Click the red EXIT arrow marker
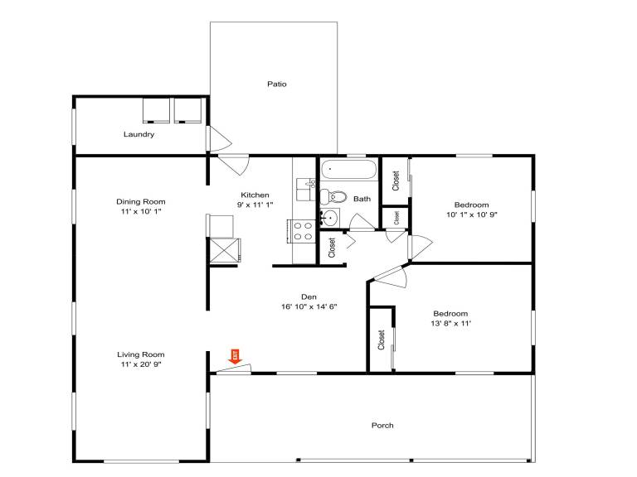tap(236, 357)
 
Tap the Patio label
tap(277, 84)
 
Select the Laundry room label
tap(139, 134)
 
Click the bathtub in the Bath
tap(348, 169)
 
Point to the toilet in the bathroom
tap(333, 197)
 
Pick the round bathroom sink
tap(329, 219)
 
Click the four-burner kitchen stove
tap(303, 231)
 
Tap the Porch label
tap(382, 426)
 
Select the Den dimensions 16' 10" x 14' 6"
tap(309, 306)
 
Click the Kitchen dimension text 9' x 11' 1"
tap(255, 205)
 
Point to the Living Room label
tap(140, 354)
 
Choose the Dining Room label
tap(140, 201)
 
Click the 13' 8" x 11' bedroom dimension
tap(450, 323)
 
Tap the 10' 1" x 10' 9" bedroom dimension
tap(472, 214)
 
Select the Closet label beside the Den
tap(332, 248)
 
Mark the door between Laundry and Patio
tap(219, 139)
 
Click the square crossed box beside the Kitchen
tap(223, 250)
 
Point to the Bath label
tap(362, 199)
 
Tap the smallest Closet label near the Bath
tap(396, 218)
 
